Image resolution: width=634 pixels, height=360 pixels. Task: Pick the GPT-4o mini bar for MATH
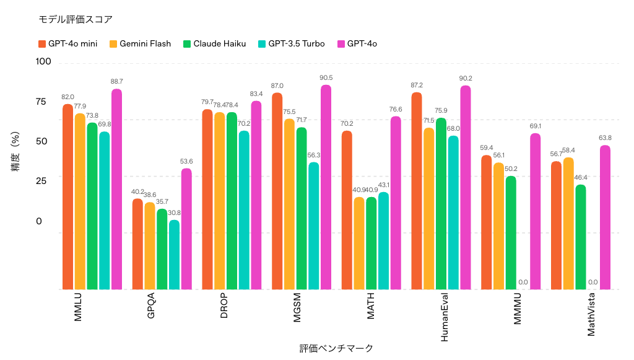pos(347,210)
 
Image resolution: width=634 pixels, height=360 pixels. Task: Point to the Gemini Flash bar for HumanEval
pos(428,208)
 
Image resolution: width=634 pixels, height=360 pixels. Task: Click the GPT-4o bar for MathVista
pos(605,217)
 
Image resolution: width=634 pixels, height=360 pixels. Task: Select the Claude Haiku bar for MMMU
pos(511,232)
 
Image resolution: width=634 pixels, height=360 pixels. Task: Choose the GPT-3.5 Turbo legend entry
pos(291,43)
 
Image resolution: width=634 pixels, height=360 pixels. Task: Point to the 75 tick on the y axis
pos(41,102)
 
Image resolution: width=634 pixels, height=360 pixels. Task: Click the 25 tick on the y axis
pos(41,181)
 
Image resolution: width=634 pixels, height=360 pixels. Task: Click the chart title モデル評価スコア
pos(76,19)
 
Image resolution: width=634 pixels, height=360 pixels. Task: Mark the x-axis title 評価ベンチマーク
pos(336,348)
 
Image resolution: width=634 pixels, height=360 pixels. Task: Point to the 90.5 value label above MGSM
pos(326,78)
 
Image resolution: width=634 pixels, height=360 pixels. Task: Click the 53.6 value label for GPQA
pos(186,162)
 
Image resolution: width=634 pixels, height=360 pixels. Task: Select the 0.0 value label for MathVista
pos(593,283)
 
